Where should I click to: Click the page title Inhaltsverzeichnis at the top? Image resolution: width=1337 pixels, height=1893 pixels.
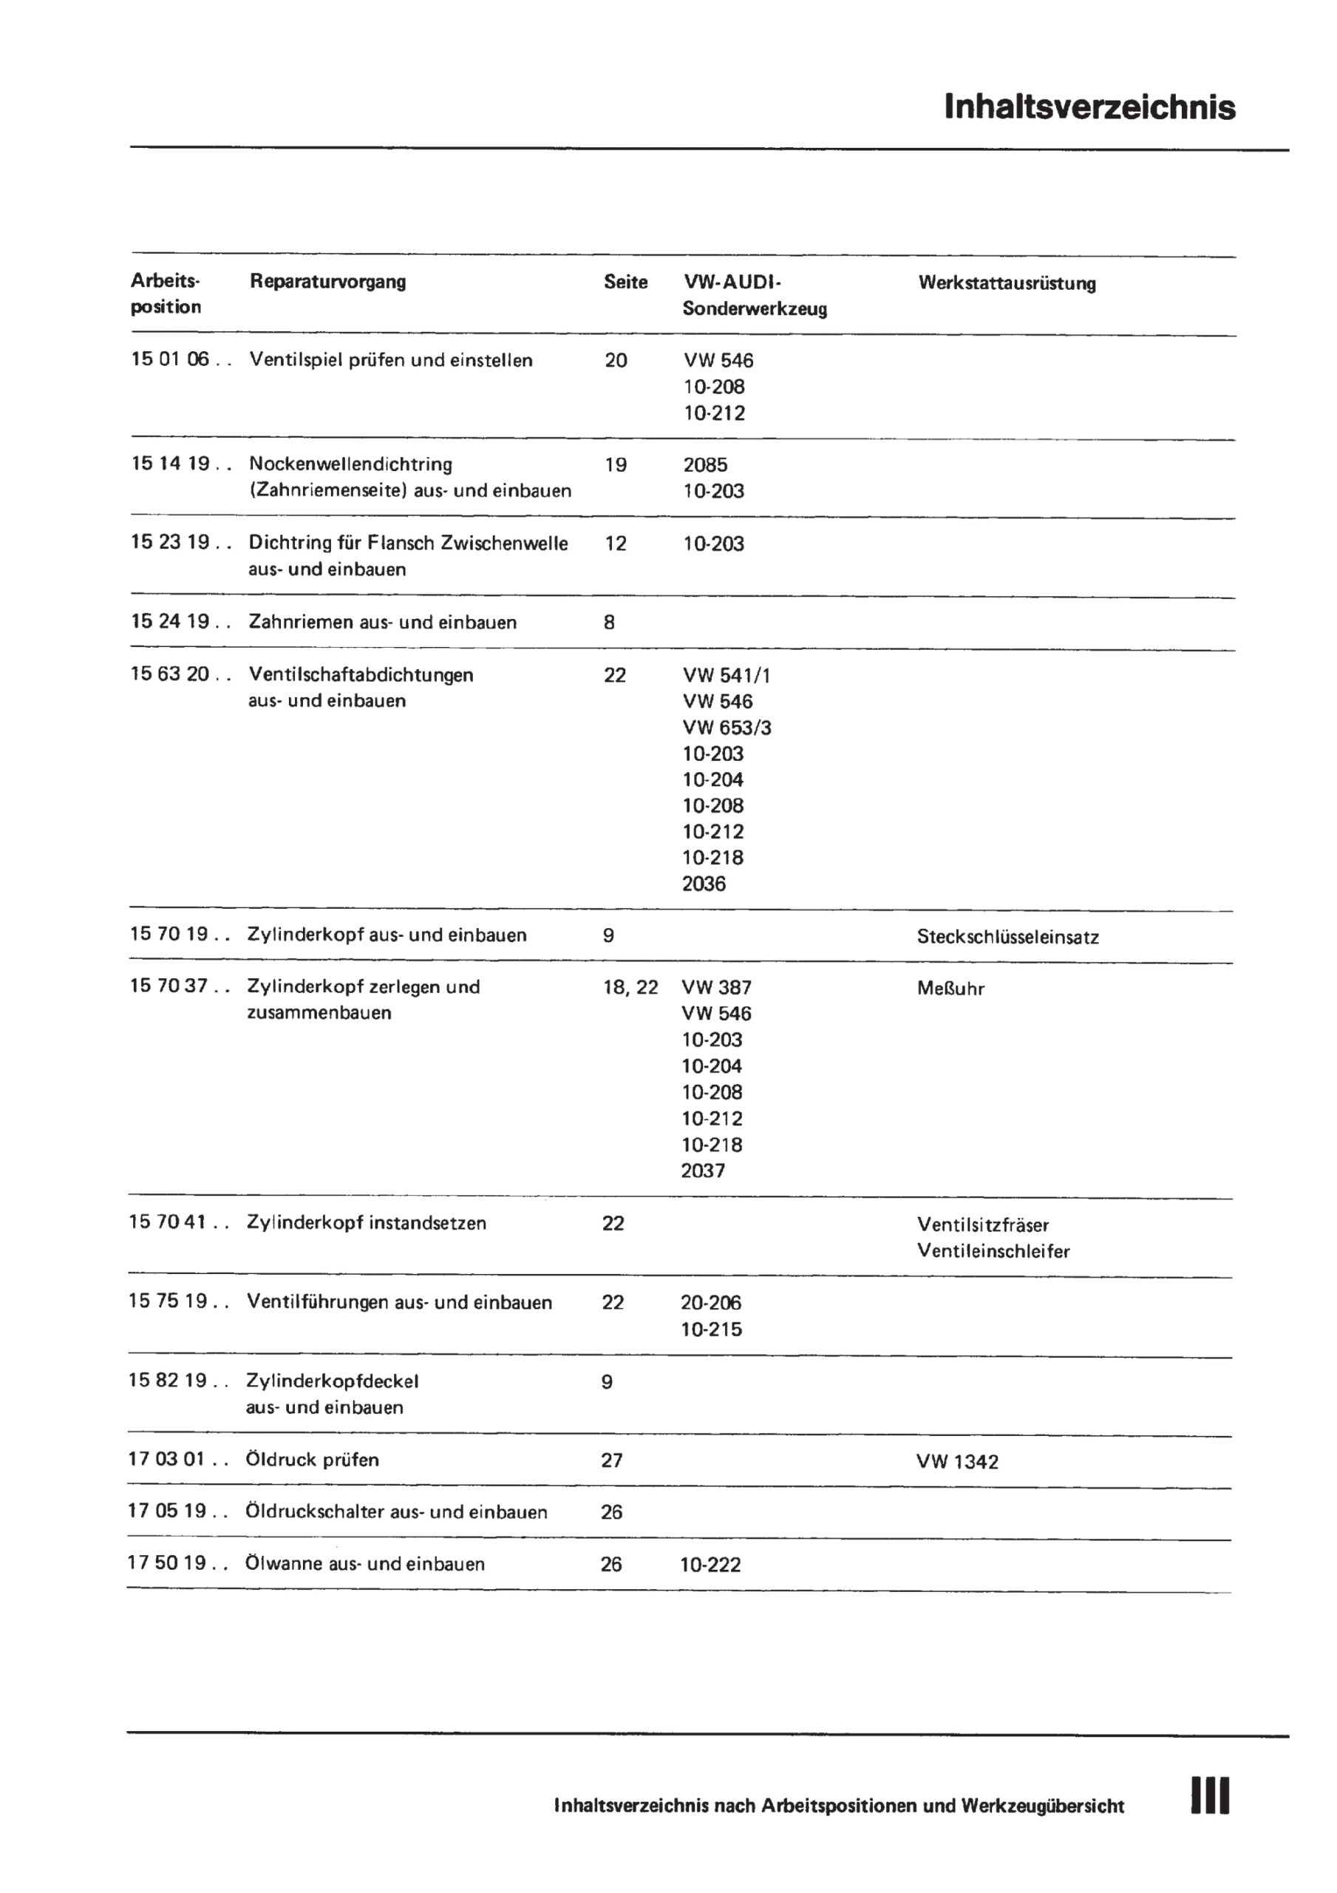(x=1089, y=107)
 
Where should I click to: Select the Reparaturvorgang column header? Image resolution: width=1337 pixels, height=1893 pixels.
(x=327, y=281)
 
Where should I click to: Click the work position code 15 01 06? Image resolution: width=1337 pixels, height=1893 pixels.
(x=170, y=359)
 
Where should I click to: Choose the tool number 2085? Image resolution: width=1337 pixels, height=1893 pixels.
(x=705, y=464)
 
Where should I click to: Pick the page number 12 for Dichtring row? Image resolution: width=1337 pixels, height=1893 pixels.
(x=615, y=543)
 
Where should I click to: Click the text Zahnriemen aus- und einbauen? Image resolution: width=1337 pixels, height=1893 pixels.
(x=382, y=623)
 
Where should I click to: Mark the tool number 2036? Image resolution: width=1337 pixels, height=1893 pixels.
(x=703, y=884)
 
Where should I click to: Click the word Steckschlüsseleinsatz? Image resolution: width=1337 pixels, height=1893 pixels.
(x=1007, y=937)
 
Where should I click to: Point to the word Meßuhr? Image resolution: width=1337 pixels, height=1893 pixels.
(x=950, y=989)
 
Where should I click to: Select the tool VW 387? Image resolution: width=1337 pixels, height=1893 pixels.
(x=716, y=988)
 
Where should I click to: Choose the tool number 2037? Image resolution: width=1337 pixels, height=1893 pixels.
(x=702, y=1171)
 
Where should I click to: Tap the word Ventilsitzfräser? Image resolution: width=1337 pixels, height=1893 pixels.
(x=982, y=1225)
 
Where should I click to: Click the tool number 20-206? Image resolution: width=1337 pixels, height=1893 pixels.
(x=710, y=1303)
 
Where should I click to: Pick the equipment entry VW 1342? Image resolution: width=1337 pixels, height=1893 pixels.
(x=956, y=1462)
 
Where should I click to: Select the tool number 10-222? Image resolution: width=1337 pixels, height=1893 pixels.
(x=710, y=1565)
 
